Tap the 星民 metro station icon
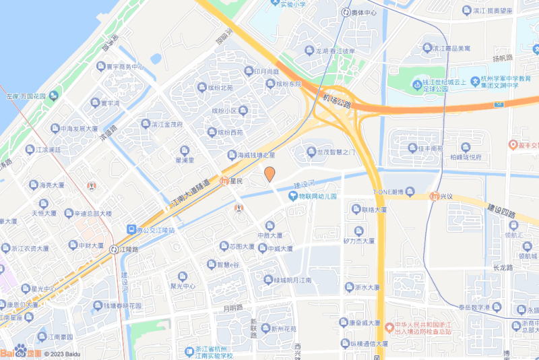225,181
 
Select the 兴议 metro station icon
435,196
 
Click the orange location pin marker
269,174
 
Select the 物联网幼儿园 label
317,196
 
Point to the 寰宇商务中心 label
121,67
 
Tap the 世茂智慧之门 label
336,152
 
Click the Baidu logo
20,351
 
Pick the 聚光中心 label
182,286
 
